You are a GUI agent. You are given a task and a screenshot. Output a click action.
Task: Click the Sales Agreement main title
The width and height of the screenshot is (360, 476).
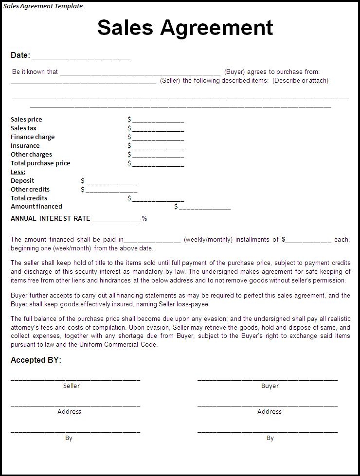tap(185, 28)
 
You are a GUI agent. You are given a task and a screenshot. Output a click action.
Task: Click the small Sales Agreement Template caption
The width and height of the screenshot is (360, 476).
tap(43, 6)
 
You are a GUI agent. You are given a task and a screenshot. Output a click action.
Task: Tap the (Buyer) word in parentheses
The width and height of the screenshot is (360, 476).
tap(234, 72)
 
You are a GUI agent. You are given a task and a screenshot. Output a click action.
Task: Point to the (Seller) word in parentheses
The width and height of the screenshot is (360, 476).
tap(170, 81)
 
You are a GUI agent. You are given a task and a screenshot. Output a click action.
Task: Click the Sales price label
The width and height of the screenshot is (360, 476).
tap(26, 120)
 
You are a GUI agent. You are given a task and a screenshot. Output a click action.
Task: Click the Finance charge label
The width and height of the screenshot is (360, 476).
tap(33, 137)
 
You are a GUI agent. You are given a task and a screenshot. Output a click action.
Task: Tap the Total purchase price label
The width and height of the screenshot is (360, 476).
tap(40, 163)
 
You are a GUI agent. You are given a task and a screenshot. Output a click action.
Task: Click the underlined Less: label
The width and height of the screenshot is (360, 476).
tap(18, 172)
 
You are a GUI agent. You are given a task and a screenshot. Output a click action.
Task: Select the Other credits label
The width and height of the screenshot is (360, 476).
tap(30, 190)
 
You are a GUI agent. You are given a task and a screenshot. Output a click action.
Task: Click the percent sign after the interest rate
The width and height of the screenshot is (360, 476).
tap(144, 219)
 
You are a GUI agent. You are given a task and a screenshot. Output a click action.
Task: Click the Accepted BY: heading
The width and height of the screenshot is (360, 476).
tap(36, 360)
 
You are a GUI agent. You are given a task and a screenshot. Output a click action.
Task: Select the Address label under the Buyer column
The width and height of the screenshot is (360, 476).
tap(270, 412)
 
